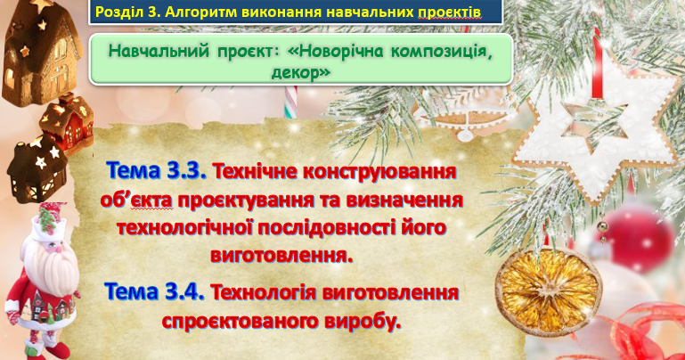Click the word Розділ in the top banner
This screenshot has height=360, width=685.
(118, 13)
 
